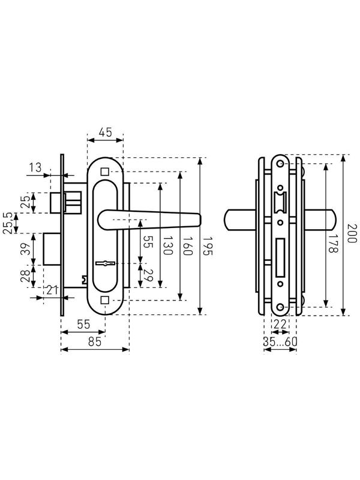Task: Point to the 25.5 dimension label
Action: click(8, 223)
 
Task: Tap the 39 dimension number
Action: click(26, 250)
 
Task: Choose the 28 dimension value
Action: click(26, 277)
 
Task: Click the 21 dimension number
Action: click(52, 291)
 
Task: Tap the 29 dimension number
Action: click(148, 278)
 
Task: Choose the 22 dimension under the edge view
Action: click(280, 324)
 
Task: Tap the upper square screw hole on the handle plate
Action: click(105, 171)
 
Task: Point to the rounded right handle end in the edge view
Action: click(332, 220)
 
